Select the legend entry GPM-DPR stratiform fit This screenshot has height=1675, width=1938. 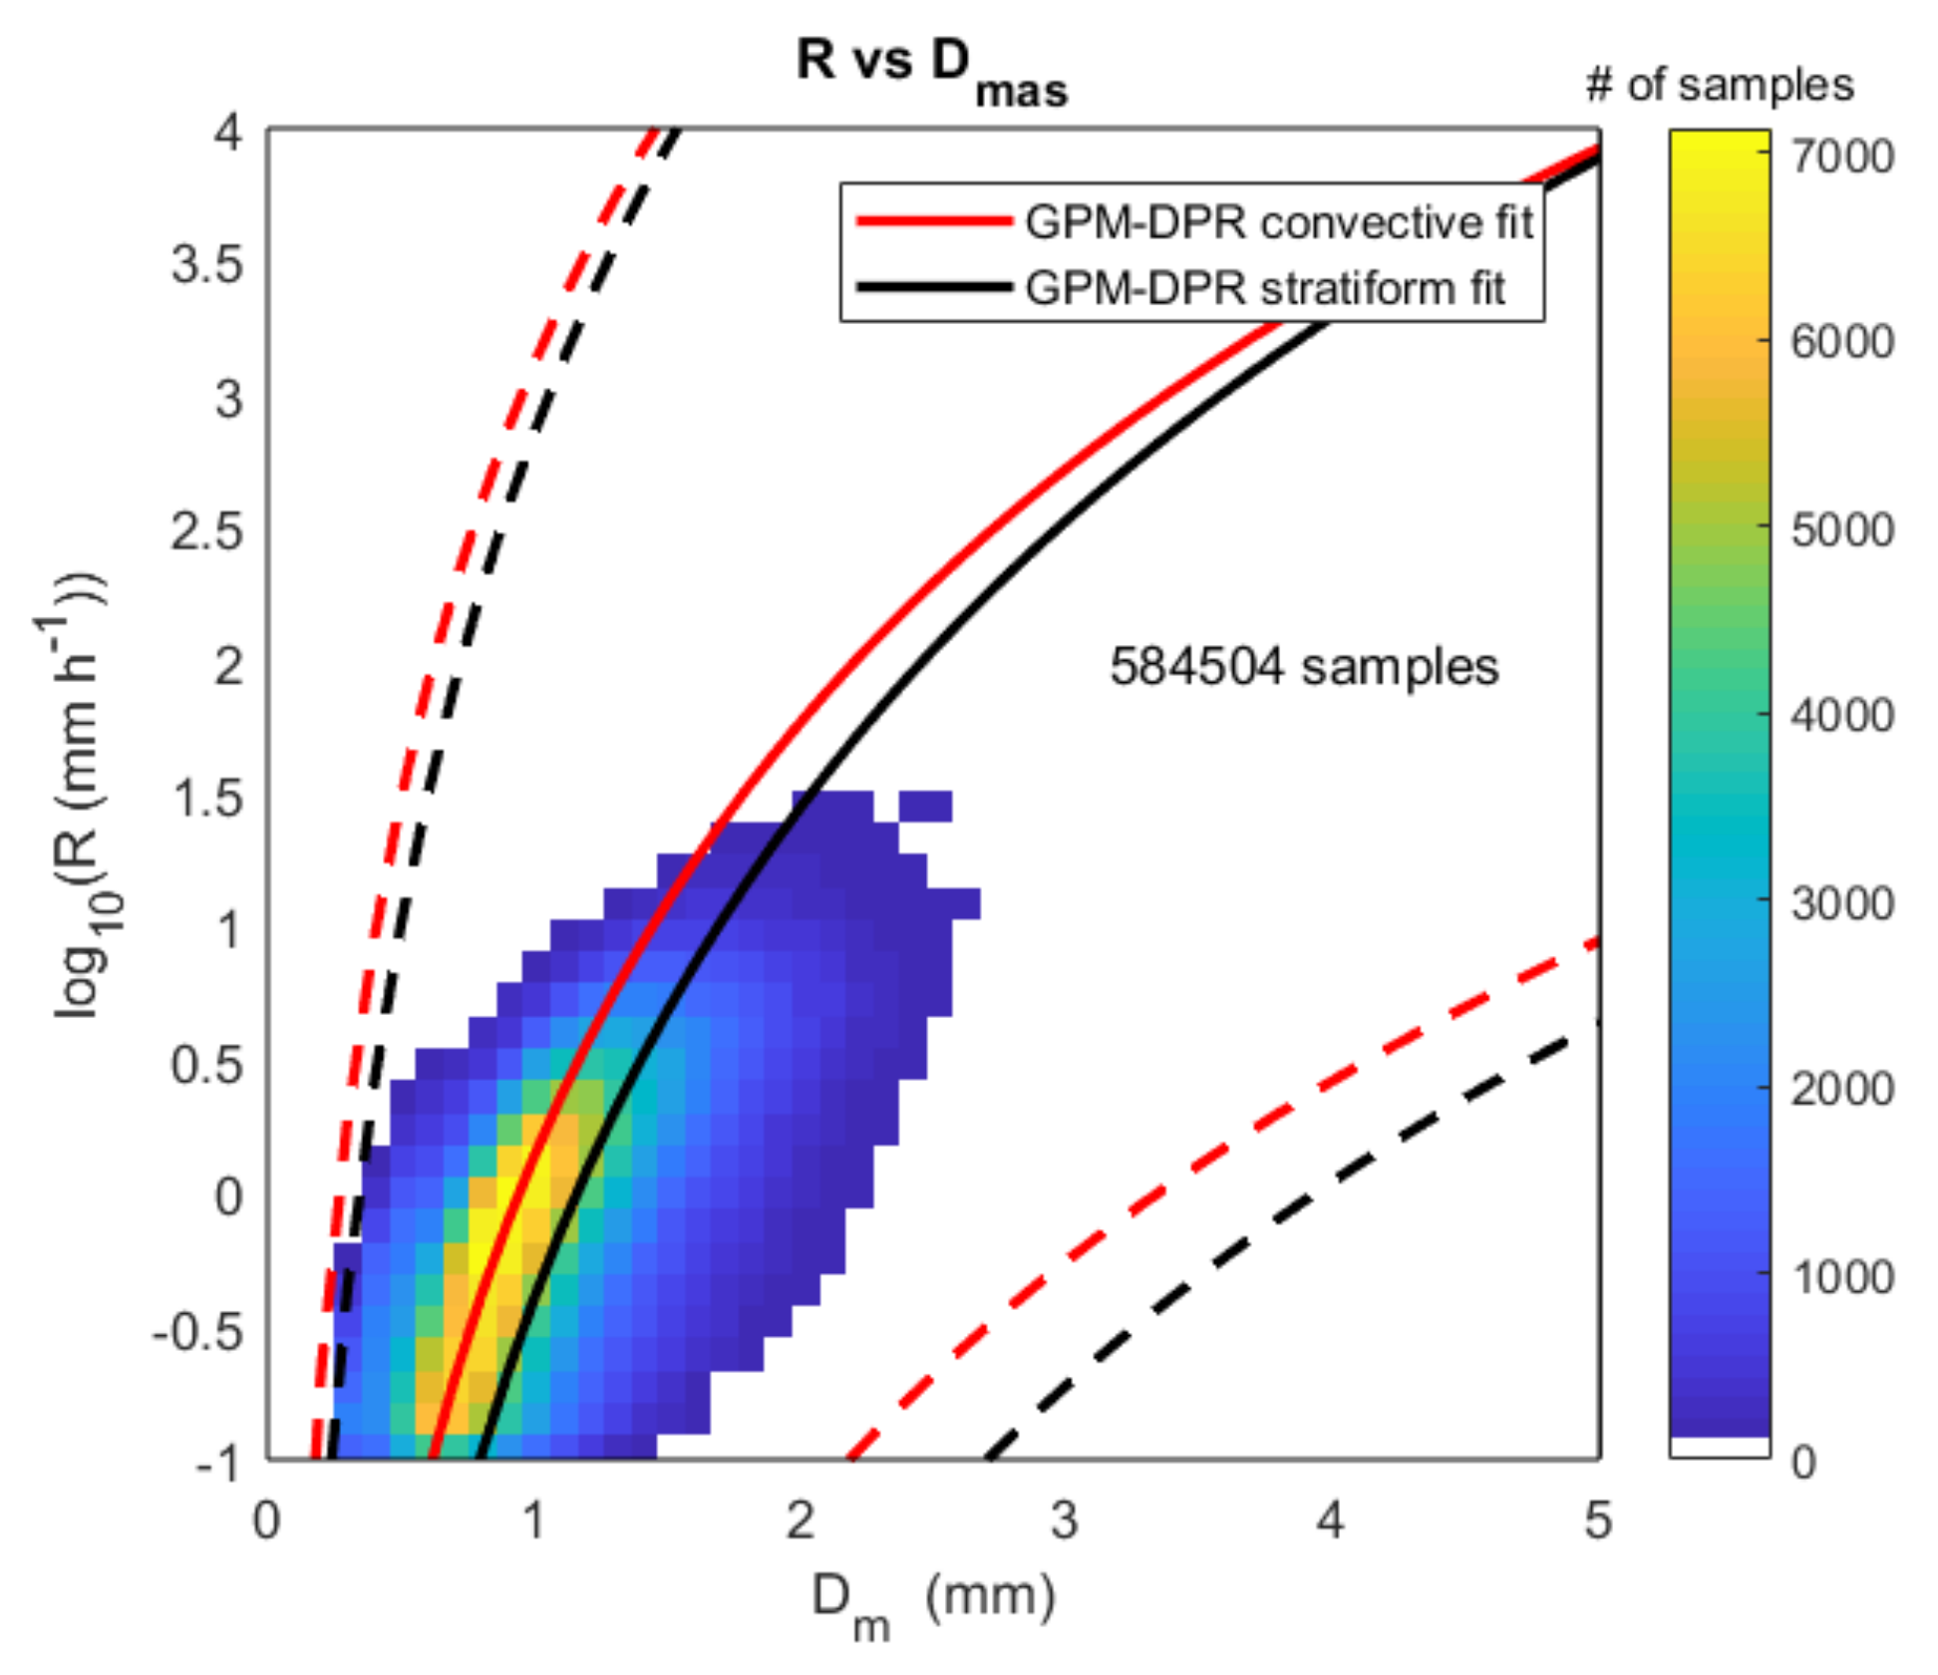1264,288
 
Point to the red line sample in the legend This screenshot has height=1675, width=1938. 934,221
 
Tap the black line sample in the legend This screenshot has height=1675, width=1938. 934,288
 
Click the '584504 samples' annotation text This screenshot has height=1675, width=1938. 1303,666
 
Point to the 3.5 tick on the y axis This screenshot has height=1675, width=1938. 206,264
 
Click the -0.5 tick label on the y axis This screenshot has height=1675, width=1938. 197,1331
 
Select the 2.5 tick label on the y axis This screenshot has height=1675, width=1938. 206,530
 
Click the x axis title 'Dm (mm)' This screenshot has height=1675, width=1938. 932,1600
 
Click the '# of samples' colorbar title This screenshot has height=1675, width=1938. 1720,86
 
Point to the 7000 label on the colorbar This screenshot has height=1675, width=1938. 1841,157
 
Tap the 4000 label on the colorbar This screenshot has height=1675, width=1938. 1841,715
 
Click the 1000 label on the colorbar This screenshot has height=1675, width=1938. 1841,1275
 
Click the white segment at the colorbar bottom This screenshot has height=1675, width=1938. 1720,1447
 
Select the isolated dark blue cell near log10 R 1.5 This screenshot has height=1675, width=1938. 925,806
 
